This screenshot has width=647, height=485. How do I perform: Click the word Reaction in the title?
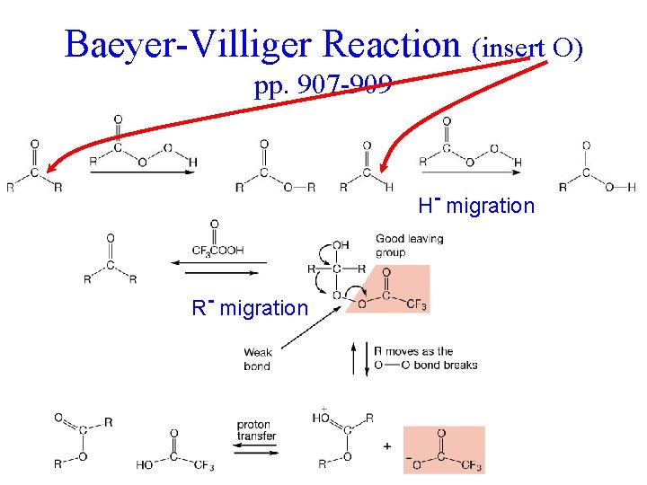click(390, 44)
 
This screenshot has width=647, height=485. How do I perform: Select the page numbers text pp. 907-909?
click(323, 86)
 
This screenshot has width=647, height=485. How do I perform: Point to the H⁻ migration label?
click(476, 206)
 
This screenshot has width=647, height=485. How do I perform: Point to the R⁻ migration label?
click(250, 308)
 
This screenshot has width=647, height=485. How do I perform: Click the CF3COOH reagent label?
click(217, 251)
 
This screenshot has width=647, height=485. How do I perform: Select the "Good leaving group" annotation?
click(409, 245)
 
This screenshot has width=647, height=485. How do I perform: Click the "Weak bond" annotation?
click(257, 359)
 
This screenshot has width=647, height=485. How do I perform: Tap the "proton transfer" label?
click(256, 430)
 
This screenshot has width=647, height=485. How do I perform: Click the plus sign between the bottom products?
click(387, 446)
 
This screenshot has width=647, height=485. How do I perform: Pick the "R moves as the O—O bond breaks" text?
click(426, 357)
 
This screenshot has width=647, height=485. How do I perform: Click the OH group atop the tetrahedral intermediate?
click(341, 244)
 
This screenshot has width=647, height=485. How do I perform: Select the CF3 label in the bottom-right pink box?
click(471, 467)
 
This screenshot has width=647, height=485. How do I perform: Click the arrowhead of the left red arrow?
click(52, 166)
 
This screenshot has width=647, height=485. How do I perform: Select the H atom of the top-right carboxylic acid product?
click(632, 187)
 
